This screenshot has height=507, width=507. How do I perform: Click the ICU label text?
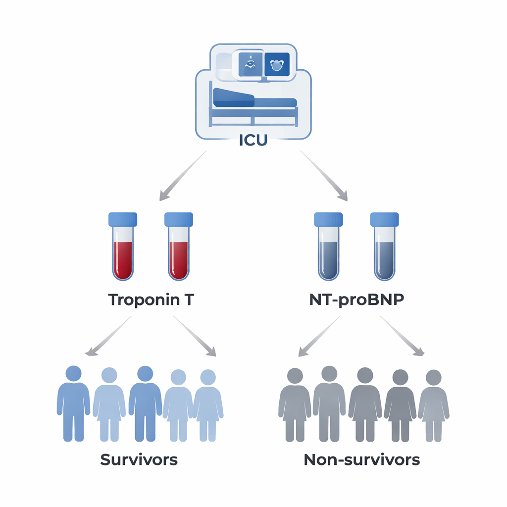pos(253,140)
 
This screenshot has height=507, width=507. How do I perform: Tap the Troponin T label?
pos(151,301)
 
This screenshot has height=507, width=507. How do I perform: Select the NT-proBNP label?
pos(356,301)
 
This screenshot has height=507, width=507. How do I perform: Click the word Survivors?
pos(139,459)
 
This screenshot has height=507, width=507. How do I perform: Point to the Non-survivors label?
pos(361,459)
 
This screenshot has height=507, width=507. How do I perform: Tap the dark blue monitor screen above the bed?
pos(277,64)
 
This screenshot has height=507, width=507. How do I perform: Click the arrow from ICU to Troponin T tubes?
pos(182,176)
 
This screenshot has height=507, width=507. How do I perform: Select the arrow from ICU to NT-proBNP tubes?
pos(324,176)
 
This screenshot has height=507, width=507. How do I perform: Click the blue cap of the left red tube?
pos(122,219)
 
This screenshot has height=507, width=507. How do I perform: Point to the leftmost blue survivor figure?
pos(73,404)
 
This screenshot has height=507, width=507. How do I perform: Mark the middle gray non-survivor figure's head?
pos(365,375)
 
